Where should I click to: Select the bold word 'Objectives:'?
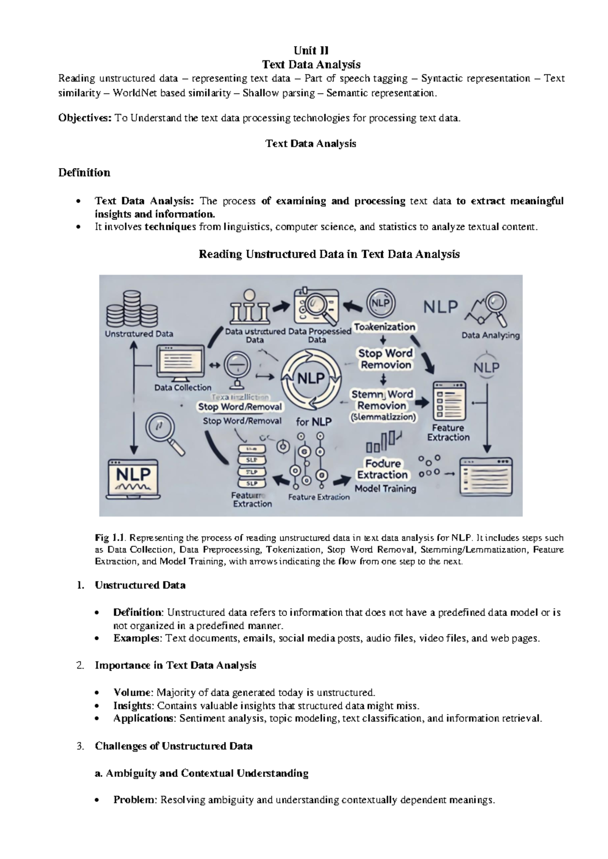coord(85,119)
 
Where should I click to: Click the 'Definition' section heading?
coord(84,173)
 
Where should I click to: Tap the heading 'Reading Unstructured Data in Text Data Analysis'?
coord(329,254)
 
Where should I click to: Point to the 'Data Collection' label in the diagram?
coord(182,387)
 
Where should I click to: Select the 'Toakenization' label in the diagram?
coord(385,327)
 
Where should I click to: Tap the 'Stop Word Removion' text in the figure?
coord(386,359)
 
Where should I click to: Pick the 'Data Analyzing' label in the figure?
coord(490,335)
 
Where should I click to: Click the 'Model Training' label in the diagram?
coord(385,489)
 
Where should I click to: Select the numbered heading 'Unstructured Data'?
coord(140,585)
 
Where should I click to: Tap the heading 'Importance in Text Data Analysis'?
coord(175,666)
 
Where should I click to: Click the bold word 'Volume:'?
coord(133,692)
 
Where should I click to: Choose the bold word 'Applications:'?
coord(144,718)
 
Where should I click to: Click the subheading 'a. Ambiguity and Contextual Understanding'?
coord(202,773)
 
